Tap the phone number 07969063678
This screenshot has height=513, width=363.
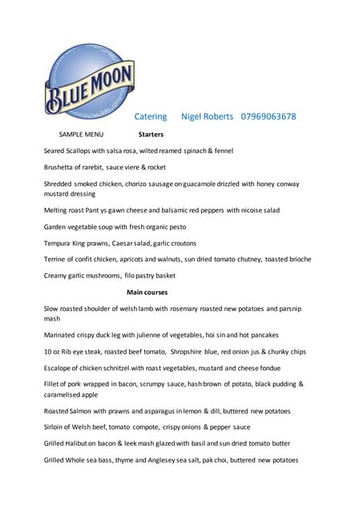coord(268,116)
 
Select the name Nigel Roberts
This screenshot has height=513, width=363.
coord(207,116)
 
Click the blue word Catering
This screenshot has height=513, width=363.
coord(151,116)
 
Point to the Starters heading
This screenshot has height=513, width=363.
coord(151,135)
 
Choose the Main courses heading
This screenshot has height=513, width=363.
coord(147,293)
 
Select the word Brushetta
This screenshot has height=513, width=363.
coord(61,167)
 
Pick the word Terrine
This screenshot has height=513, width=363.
coord(56,259)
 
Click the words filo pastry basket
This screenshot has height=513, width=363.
coord(151,275)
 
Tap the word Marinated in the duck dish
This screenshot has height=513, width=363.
coord(63,336)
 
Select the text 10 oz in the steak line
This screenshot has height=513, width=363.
coord(53,352)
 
